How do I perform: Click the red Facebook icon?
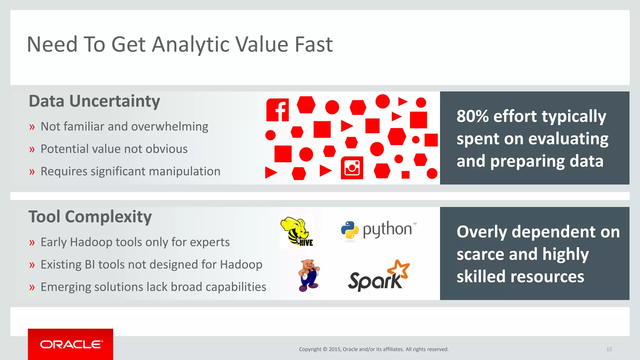click(x=277, y=110)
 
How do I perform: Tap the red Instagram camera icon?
click(x=352, y=168)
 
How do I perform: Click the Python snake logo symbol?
click(x=350, y=231)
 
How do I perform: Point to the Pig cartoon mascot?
click(x=309, y=275)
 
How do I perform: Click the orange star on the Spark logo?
click(x=399, y=268)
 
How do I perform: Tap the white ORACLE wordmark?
click(x=71, y=344)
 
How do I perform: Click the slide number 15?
click(x=609, y=349)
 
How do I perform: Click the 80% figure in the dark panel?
click(x=472, y=116)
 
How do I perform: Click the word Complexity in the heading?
click(x=108, y=217)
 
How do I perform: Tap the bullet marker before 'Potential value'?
click(x=32, y=150)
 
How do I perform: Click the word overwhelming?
click(x=169, y=127)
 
